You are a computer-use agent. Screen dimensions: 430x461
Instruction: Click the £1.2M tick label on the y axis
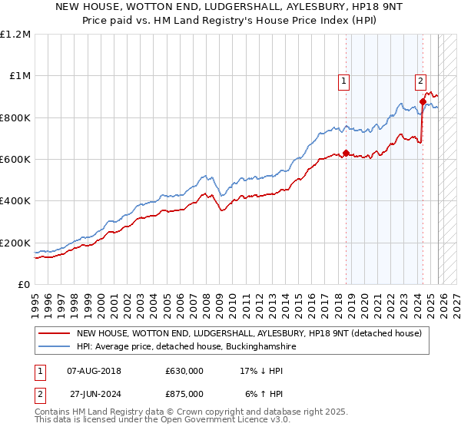pos(15,34)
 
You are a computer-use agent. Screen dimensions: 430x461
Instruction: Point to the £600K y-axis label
pos(15,159)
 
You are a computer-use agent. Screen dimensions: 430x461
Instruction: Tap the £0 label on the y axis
pos(24,284)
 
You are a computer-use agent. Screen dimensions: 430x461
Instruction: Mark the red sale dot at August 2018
pos(346,153)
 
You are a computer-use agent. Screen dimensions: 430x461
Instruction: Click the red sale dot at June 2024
pos(423,101)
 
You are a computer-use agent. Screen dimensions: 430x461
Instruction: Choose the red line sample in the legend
pos(54,334)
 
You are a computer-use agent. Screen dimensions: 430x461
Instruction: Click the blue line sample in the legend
pos(54,347)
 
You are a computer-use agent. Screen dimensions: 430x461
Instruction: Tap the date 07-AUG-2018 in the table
pos(100,370)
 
